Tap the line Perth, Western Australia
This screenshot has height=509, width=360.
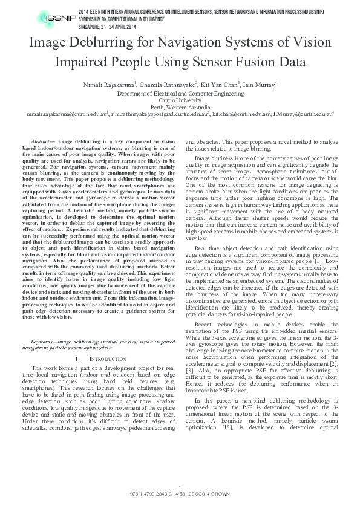[x=180, y=107]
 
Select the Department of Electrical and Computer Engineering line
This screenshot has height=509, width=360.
[x=180, y=94]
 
